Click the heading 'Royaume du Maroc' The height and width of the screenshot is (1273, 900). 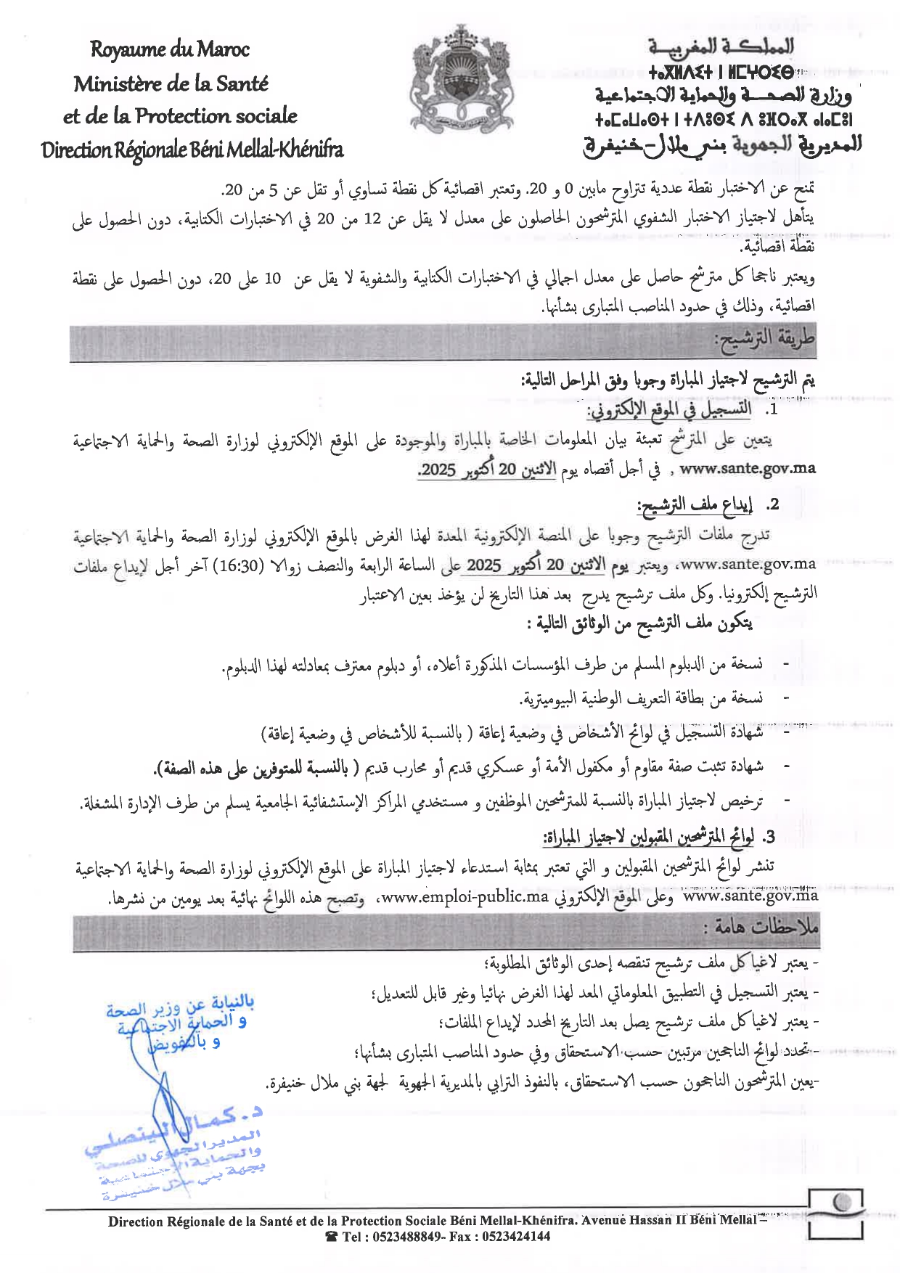(x=170, y=49)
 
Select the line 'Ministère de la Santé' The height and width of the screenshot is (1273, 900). (x=171, y=83)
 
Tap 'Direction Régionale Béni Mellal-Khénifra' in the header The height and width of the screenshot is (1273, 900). (x=192, y=150)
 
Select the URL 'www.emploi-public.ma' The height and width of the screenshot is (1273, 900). (x=465, y=897)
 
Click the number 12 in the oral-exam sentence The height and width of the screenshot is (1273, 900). (x=372, y=218)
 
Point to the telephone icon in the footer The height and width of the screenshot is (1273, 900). (x=332, y=1237)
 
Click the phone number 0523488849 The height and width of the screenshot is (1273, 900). (x=404, y=1237)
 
